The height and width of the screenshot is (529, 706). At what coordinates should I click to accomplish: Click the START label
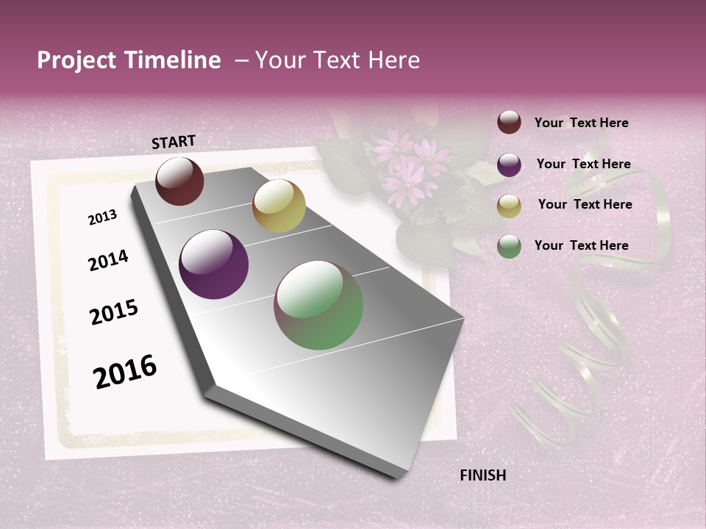(x=174, y=142)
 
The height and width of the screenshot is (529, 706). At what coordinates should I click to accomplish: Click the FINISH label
(x=483, y=475)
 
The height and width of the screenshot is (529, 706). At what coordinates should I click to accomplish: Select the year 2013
(x=102, y=217)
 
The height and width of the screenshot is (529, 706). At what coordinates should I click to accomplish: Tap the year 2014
(x=108, y=260)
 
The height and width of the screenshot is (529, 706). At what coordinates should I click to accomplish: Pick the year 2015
(x=114, y=312)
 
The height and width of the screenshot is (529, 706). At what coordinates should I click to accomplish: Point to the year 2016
(x=125, y=371)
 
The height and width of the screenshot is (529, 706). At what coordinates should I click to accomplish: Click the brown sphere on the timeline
(x=179, y=181)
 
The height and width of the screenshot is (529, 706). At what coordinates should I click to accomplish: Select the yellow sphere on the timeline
(x=279, y=206)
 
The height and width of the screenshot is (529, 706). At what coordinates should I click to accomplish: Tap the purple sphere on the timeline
(x=214, y=264)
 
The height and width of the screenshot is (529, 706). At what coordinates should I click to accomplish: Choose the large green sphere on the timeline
(x=318, y=305)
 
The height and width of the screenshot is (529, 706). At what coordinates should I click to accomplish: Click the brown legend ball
(x=509, y=123)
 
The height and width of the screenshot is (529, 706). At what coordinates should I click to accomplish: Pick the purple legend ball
(x=509, y=165)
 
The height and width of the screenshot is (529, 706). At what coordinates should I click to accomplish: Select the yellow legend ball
(x=509, y=206)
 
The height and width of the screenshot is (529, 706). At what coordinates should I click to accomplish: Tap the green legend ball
(x=509, y=246)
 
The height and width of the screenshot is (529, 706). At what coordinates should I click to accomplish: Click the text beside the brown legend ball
(x=582, y=123)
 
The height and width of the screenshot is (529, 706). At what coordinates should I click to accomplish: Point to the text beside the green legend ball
(x=582, y=245)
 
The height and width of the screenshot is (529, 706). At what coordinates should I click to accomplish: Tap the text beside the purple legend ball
(x=584, y=164)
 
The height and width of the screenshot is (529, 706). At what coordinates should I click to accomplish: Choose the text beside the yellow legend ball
(x=585, y=204)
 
